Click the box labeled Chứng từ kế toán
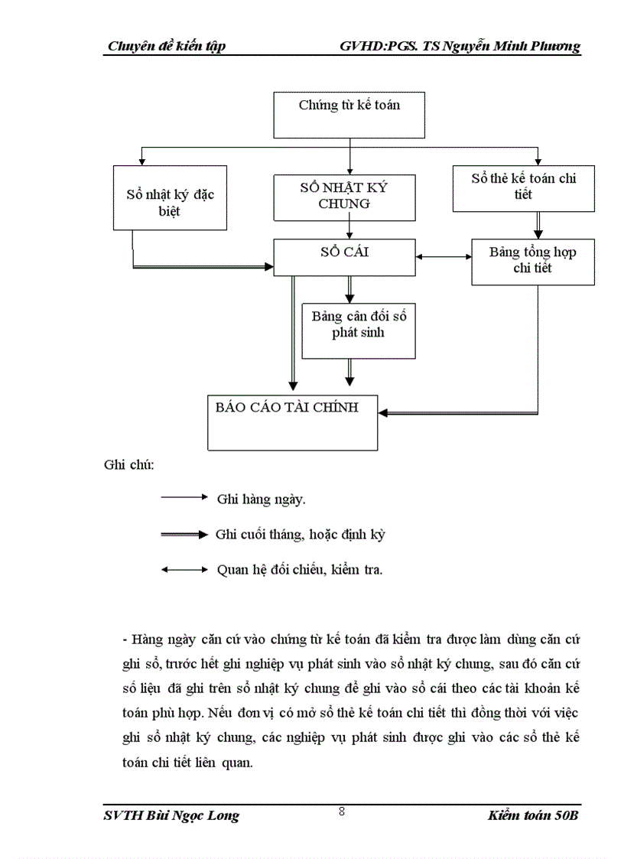pyautogui.click(x=349, y=116)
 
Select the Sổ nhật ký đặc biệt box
pyautogui.click(x=170, y=197)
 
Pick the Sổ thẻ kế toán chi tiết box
pyautogui.click(x=523, y=188)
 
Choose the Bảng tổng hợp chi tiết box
pyautogui.click(x=532, y=262)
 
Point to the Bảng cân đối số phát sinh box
pyautogui.click(x=358, y=330)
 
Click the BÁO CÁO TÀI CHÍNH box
pyautogui.click(x=293, y=422)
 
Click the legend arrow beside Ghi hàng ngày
pyautogui.click(x=184, y=497)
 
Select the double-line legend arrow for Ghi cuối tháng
pyautogui.click(x=184, y=534)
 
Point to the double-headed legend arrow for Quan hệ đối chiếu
pyautogui.click(x=184, y=570)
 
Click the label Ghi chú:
pyautogui.click(x=128, y=464)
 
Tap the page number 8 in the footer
pyautogui.click(x=342, y=812)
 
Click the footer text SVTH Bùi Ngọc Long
pyautogui.click(x=171, y=816)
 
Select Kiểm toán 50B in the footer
pyautogui.click(x=533, y=816)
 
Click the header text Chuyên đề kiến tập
pyautogui.click(x=166, y=47)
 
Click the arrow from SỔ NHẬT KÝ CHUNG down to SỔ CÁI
pyautogui.click(x=349, y=229)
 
